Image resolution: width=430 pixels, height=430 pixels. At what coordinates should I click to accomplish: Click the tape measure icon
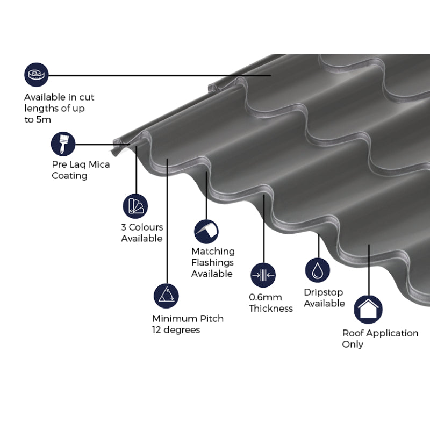click(x=36, y=75)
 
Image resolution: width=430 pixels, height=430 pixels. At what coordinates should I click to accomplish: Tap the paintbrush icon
click(x=63, y=144)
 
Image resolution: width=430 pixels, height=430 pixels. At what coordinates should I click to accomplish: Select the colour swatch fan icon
click(x=135, y=206)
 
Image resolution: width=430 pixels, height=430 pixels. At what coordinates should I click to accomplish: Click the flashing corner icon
click(x=206, y=231)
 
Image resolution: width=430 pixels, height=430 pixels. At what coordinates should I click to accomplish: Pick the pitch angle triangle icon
click(x=166, y=295)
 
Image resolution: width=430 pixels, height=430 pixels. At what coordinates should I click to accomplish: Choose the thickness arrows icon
click(x=263, y=275)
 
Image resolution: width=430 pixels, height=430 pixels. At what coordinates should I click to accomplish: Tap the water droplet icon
click(x=318, y=270)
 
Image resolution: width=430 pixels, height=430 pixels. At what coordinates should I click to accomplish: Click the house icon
click(x=368, y=310)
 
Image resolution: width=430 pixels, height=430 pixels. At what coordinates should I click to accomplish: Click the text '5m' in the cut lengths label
click(x=44, y=119)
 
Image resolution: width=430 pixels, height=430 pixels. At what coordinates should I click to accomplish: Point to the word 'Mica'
click(x=98, y=164)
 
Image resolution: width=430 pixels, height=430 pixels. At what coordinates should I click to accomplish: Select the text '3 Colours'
click(x=142, y=227)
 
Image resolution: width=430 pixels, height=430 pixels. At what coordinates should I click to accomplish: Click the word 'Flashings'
click(x=212, y=262)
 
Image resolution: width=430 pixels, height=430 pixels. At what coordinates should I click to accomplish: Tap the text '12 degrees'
click(x=176, y=329)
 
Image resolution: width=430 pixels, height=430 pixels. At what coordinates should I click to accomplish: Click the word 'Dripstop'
click(x=324, y=292)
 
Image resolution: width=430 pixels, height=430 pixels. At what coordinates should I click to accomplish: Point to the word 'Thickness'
click(x=271, y=309)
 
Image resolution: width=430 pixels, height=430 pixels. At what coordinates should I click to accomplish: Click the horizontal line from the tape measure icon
click(x=161, y=75)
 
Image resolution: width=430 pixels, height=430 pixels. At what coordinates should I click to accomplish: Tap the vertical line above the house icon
click(x=369, y=269)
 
